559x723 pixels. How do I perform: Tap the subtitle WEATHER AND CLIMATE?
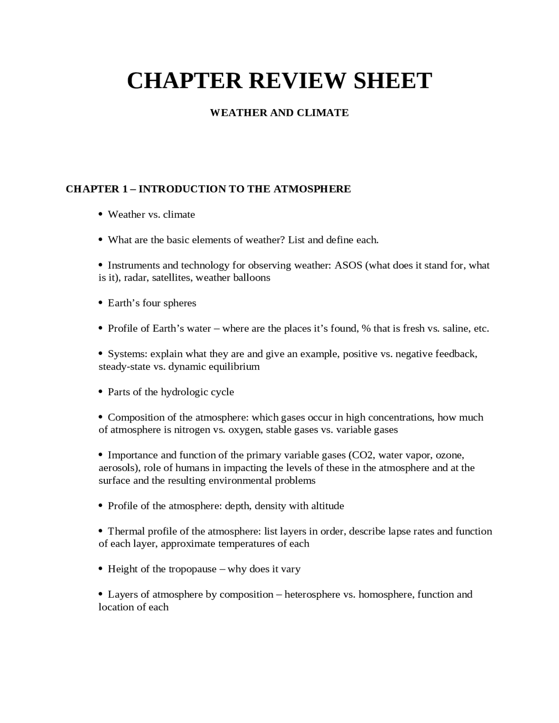pyautogui.click(x=279, y=113)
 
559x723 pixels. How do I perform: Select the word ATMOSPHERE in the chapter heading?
pyautogui.click(x=312, y=189)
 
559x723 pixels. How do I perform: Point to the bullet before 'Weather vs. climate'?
pyautogui.click(x=100, y=214)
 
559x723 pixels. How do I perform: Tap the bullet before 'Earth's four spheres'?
pyautogui.click(x=100, y=303)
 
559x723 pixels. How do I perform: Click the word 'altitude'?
pyautogui.click(x=327, y=506)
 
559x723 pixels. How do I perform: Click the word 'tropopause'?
pyautogui.click(x=193, y=569)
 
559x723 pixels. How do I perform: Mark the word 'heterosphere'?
pyautogui.click(x=313, y=595)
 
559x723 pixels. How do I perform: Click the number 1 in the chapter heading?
pyautogui.click(x=124, y=189)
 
